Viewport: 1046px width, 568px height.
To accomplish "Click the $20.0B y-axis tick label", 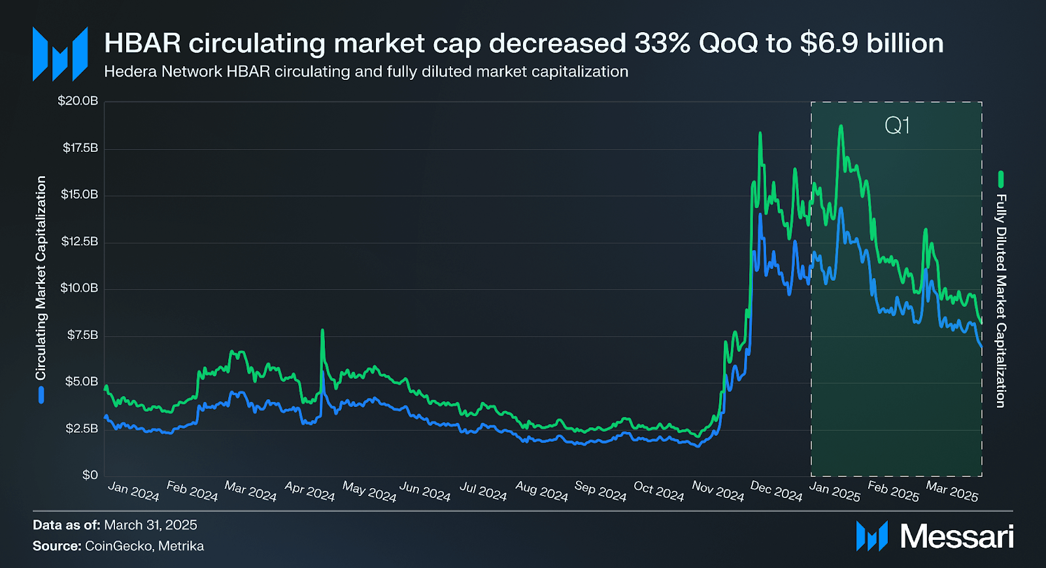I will click(x=78, y=101).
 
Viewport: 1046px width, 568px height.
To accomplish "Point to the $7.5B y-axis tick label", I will click(x=82, y=335).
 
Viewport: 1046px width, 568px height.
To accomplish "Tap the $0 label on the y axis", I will click(x=90, y=475).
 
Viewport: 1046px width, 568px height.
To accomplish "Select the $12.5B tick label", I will click(x=79, y=241).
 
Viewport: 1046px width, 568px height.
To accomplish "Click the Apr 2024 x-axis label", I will click(x=310, y=491).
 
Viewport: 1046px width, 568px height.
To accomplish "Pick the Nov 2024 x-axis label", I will click(x=718, y=491).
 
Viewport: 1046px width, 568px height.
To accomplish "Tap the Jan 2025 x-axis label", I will click(x=835, y=491).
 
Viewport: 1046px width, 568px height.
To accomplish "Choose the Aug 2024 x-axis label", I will click(x=542, y=491).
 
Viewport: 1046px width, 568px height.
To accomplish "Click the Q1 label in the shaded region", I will click(x=897, y=126).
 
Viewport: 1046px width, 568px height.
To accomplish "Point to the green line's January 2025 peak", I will click(x=841, y=126).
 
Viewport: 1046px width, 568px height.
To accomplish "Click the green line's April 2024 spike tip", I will click(x=322, y=330).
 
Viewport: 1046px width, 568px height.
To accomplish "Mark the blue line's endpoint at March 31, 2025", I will click(x=981, y=346).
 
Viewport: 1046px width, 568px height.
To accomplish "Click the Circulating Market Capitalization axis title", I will click(x=41, y=277).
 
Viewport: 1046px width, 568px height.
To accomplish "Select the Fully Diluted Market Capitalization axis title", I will click(x=1001, y=301).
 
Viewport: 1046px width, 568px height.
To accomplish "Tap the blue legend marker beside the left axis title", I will click(x=41, y=395).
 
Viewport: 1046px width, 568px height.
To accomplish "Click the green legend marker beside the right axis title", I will click(x=1001, y=179).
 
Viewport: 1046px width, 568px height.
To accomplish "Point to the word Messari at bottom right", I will click(x=957, y=537).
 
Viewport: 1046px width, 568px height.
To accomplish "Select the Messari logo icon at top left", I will click(x=60, y=54).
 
